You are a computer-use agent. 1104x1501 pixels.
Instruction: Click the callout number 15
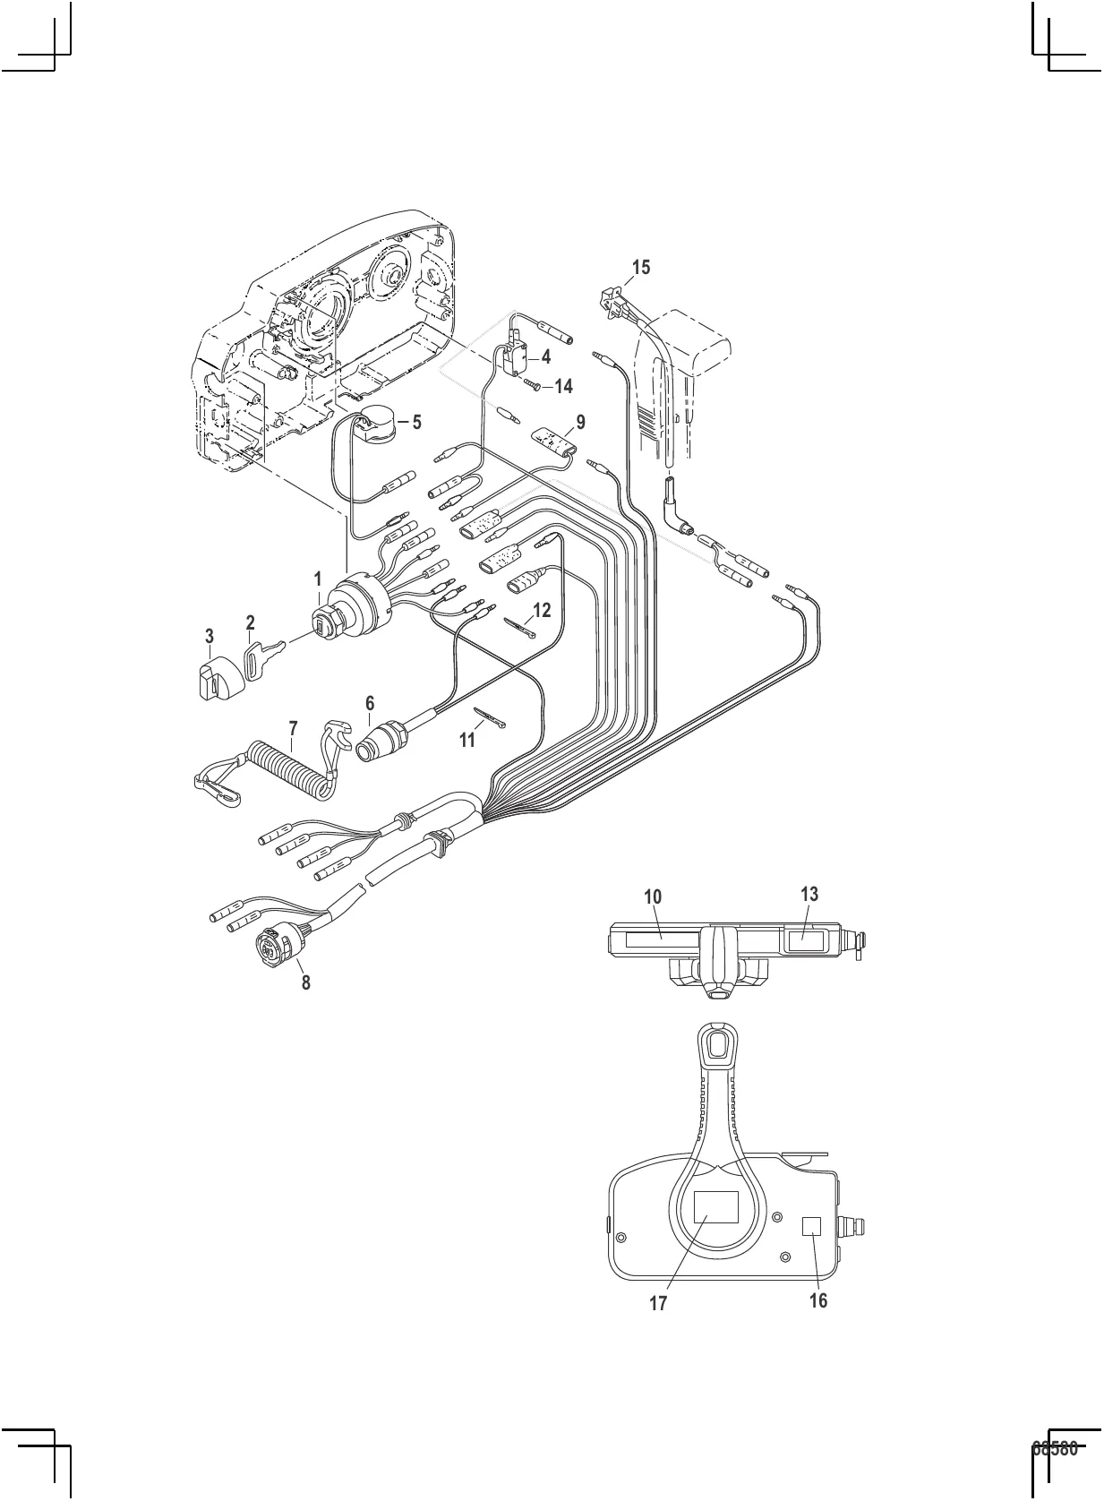(640, 267)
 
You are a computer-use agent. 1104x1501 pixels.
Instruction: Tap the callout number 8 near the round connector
(305, 982)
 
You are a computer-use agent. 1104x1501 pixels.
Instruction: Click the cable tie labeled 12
(520, 628)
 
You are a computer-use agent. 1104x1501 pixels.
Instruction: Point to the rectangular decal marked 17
(715, 1207)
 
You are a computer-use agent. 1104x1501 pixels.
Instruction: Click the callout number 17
(658, 1303)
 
